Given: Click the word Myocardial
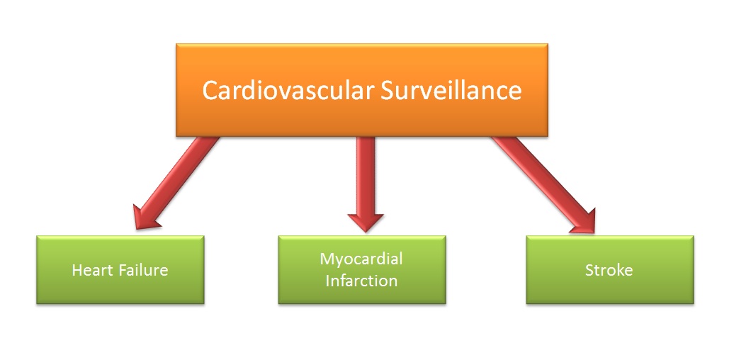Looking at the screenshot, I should [361, 259].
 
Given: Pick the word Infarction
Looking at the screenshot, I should [361, 281].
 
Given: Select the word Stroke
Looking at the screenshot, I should [609, 270].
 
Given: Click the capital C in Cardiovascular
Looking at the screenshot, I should [210, 91].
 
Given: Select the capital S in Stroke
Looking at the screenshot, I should [589, 270].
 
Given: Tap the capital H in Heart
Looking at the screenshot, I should [77, 270].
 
